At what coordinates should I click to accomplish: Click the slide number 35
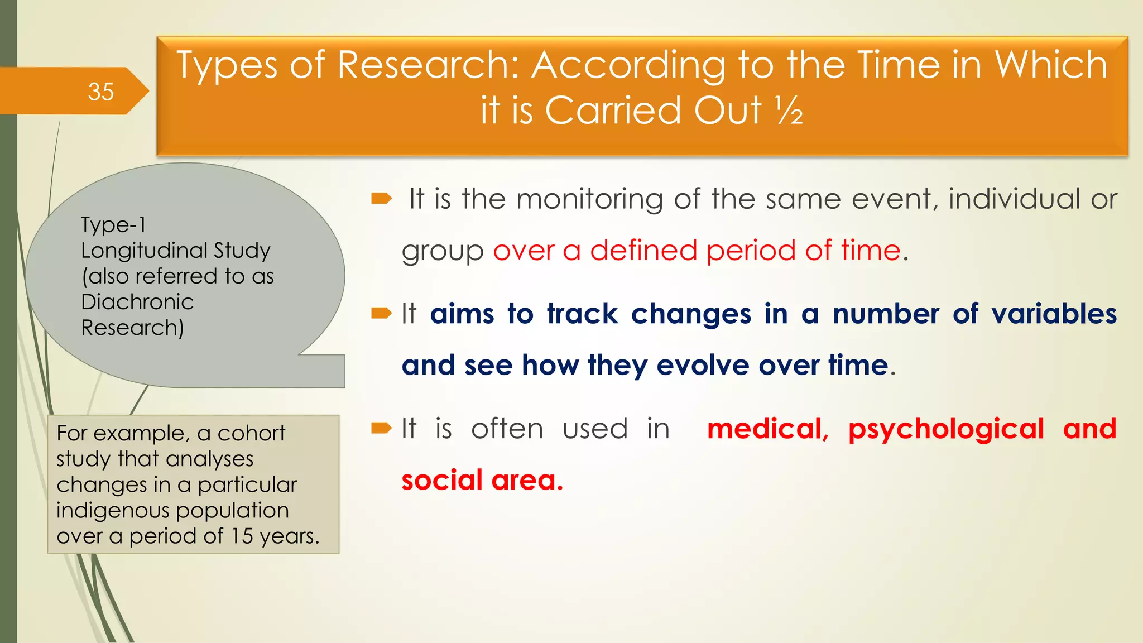pyautogui.click(x=100, y=92)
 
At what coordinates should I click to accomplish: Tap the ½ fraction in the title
pyautogui.click(x=789, y=111)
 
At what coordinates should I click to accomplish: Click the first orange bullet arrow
pyautogui.click(x=382, y=198)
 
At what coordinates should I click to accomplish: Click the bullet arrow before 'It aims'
pyautogui.click(x=382, y=314)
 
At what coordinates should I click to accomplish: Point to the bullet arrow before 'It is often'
pyautogui.click(x=382, y=429)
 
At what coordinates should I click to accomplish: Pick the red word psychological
pyautogui.click(x=946, y=429)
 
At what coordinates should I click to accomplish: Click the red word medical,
pyautogui.click(x=767, y=429)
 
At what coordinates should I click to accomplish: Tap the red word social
pyautogui.click(x=441, y=481)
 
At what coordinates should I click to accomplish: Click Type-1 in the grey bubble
pyautogui.click(x=113, y=225)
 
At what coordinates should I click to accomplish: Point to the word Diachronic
pyautogui.click(x=137, y=302)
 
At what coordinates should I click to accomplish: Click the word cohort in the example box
pyautogui.click(x=251, y=433)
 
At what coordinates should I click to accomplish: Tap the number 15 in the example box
pyautogui.click(x=242, y=536)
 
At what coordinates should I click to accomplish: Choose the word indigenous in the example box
pyautogui.click(x=107, y=511)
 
